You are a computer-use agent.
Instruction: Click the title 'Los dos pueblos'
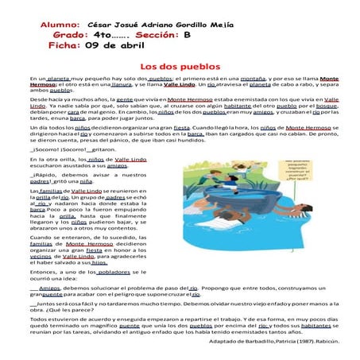[180, 68]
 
